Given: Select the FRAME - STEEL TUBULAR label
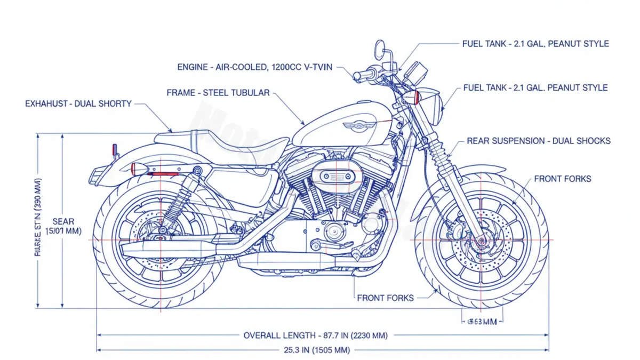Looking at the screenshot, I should pos(218,93).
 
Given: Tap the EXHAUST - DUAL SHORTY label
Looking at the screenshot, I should pos(78,103).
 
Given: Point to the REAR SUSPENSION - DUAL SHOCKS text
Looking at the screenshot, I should pos(538,141).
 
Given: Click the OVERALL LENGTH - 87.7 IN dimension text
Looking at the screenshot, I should pos(315,335).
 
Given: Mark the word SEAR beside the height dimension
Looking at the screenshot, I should pos(63,221).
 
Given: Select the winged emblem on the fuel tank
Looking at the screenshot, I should pos(358,125).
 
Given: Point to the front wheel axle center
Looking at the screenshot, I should pos(482,241).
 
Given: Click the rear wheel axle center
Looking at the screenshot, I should pos(159,237).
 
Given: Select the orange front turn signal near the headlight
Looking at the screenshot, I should pos(417,97).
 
